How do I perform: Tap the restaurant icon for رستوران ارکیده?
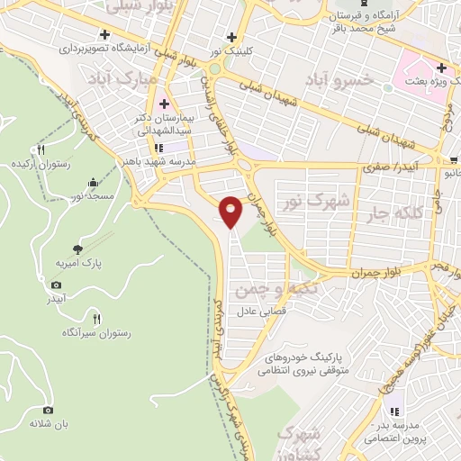click(41, 150)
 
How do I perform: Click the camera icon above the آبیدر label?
click(57, 286)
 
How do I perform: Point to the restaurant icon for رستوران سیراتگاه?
click(97, 318)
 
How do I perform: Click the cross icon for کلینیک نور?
click(232, 37)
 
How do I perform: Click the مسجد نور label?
click(93, 194)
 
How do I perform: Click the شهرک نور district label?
click(315, 199)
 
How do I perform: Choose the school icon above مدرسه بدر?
click(393, 411)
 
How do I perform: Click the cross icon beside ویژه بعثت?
click(442, 68)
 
